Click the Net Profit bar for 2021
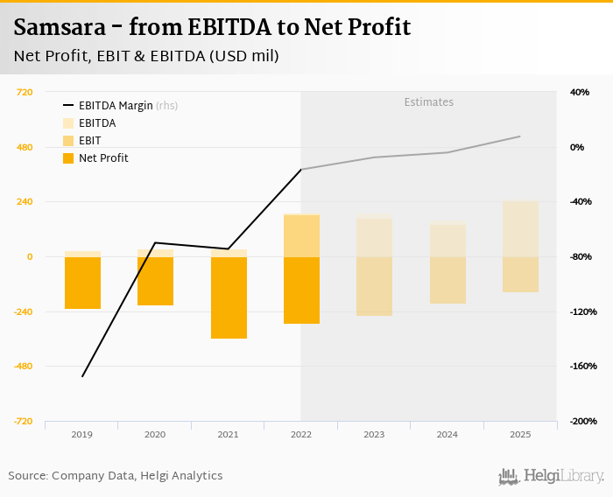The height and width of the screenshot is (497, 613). pyautogui.click(x=229, y=297)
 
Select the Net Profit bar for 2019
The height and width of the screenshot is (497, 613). pyautogui.click(x=82, y=283)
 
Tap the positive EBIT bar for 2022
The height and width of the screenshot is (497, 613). pyautogui.click(x=301, y=235)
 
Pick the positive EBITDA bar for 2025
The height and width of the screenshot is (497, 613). pyautogui.click(x=520, y=229)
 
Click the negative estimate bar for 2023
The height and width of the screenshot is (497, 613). pyautogui.click(x=374, y=286)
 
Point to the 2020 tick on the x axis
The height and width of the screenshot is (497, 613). pyautogui.click(x=155, y=434)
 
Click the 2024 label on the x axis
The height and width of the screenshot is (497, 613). pyautogui.click(x=447, y=434)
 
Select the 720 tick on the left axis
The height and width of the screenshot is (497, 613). pyautogui.click(x=25, y=92)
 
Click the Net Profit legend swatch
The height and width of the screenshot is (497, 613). pyautogui.click(x=68, y=158)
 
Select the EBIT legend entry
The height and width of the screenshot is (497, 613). pyautogui.click(x=89, y=141)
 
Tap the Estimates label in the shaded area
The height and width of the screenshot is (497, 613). pyautogui.click(x=428, y=102)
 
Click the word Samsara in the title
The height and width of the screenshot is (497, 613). pyautogui.click(x=57, y=27)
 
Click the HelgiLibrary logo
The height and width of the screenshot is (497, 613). pyautogui.click(x=551, y=476)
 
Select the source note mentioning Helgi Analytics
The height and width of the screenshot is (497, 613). pyautogui.click(x=116, y=476)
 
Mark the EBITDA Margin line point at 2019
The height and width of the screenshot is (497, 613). pyautogui.click(x=82, y=376)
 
